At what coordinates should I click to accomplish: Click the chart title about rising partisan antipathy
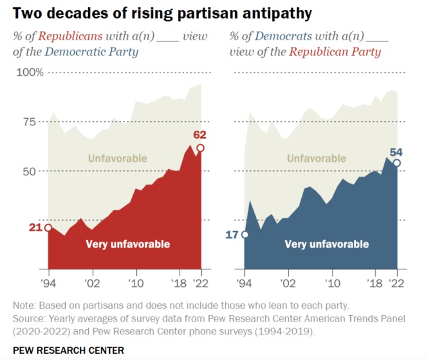162,13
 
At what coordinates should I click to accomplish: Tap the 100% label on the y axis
30,73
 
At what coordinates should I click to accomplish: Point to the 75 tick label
29,122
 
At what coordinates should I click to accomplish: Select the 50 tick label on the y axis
29,171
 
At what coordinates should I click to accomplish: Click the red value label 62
199,135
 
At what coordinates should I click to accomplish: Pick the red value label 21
35,227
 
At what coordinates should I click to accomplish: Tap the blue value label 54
396,152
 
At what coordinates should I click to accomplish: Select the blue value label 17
232,234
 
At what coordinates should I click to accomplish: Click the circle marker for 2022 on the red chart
201,148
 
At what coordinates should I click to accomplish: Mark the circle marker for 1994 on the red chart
48,228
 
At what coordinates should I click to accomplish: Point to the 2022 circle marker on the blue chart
397,163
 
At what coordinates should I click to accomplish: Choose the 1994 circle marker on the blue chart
245,234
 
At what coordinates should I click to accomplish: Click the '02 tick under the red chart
92,283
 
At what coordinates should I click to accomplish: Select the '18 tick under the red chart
179,283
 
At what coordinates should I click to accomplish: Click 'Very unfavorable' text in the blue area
326,244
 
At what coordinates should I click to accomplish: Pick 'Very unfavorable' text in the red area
128,244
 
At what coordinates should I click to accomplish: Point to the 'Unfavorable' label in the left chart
117,158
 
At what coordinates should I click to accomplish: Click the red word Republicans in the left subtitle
70,36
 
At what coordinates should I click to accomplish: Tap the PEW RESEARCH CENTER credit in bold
68,350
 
